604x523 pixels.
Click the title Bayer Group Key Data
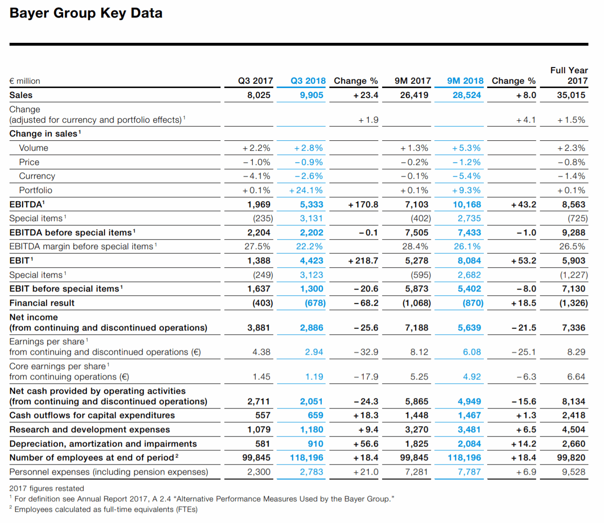[86, 13]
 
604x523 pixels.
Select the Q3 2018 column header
[308, 81]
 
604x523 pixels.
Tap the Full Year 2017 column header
[569, 76]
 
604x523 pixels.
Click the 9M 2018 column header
[465, 81]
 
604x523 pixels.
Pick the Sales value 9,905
[311, 95]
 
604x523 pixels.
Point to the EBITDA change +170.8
[363, 204]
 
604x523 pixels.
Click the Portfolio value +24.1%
[306, 190]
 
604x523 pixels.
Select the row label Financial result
[42, 303]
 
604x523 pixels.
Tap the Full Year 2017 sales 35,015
[571, 95]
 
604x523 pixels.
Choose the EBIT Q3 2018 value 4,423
[311, 261]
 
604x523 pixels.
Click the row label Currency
[37, 176]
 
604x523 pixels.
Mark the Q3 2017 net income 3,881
[259, 328]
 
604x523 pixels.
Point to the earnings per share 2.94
[314, 352]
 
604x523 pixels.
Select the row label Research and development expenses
[90, 429]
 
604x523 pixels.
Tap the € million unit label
[25, 81]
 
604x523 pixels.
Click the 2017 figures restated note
[47, 488]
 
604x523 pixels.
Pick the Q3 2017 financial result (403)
[262, 303]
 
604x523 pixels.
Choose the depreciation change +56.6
[365, 444]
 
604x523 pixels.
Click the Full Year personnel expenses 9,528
[574, 472]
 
